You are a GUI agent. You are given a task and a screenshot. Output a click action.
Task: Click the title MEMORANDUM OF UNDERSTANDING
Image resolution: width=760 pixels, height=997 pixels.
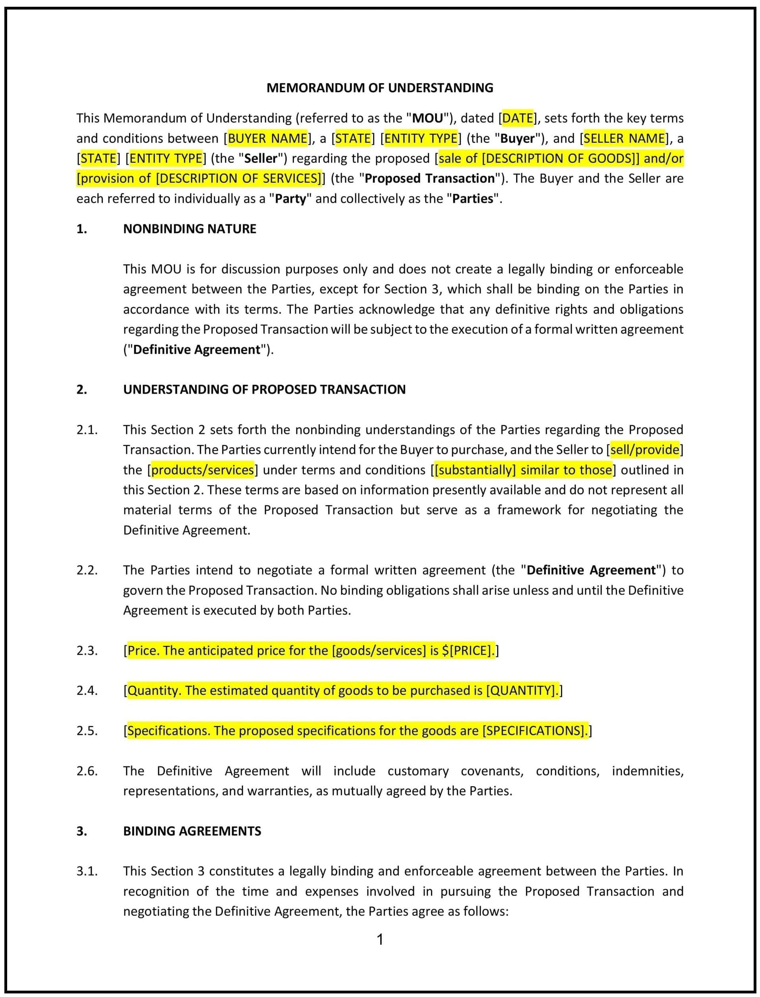(x=379, y=88)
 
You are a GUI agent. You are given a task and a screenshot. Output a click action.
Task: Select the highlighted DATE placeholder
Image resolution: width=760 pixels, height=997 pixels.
(x=518, y=118)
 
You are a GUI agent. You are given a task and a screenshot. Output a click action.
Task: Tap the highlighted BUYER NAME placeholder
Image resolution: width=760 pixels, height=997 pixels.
(x=267, y=138)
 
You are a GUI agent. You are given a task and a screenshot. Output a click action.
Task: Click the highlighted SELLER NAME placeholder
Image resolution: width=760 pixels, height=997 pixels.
(x=624, y=138)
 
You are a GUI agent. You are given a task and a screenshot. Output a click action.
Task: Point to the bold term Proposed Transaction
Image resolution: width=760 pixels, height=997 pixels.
(x=429, y=179)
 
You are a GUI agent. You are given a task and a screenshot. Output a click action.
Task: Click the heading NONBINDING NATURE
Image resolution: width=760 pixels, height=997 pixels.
(x=190, y=229)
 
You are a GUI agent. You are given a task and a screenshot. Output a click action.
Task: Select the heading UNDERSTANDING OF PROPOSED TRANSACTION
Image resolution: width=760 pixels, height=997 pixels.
(x=264, y=389)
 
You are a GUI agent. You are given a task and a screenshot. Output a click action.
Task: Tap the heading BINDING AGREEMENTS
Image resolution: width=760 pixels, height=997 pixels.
(x=192, y=831)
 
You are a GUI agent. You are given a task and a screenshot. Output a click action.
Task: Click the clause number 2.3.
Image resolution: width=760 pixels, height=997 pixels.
(x=87, y=651)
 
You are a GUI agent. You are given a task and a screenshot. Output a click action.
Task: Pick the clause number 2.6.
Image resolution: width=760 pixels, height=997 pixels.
(x=87, y=771)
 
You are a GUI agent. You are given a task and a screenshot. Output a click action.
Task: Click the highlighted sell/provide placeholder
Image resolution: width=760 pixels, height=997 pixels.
(x=645, y=450)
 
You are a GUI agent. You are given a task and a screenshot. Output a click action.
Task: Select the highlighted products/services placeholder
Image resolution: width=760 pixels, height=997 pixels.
(x=202, y=470)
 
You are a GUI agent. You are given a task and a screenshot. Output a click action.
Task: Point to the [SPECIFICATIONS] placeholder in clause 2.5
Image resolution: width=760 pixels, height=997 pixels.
(x=534, y=731)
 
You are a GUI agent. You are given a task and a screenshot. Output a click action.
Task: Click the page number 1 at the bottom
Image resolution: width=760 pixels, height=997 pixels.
(x=380, y=939)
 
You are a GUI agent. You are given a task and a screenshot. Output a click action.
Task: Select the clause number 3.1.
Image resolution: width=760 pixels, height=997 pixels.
(x=87, y=871)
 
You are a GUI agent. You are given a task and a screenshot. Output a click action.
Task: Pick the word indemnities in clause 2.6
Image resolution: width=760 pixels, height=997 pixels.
(x=647, y=771)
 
